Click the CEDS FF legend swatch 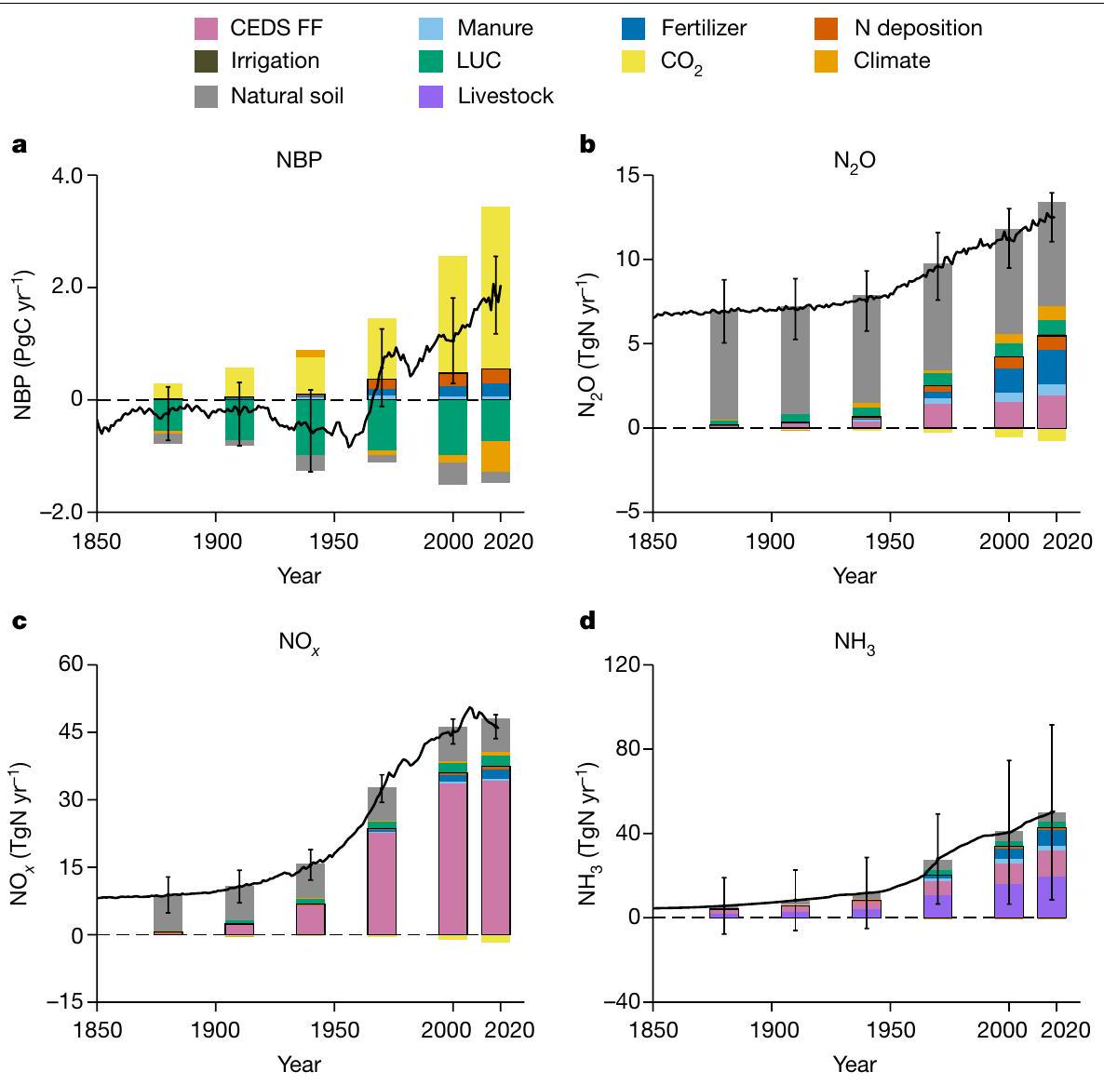click(x=205, y=28)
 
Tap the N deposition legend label click(x=918, y=28)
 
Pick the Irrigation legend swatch click(x=205, y=61)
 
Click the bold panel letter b click(x=586, y=145)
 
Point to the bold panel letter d click(x=586, y=621)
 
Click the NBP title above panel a click(x=299, y=159)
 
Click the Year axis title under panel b click(x=855, y=575)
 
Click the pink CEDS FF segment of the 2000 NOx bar click(x=452, y=856)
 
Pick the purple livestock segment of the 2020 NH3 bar click(x=1052, y=897)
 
